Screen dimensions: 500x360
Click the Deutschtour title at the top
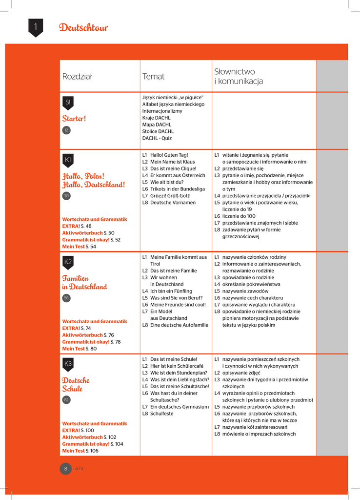[x=83, y=28]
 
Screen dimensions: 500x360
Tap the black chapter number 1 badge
[x=36, y=28]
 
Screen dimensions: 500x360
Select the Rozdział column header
[x=77, y=76]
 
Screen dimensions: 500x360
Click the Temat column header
[x=153, y=76]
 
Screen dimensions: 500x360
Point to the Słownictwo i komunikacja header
[x=239, y=76]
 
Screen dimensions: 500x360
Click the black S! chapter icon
[x=68, y=103]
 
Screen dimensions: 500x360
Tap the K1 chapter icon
[x=68, y=160]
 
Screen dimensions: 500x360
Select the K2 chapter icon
[x=68, y=263]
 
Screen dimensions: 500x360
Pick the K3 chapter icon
[x=68, y=364]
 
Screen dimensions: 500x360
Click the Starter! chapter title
[x=74, y=119]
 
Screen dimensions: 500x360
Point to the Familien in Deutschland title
[x=84, y=282]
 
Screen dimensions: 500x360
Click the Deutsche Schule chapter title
[x=76, y=384]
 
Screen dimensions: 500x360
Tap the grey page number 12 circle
[x=66, y=130]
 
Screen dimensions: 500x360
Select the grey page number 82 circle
[x=66, y=400]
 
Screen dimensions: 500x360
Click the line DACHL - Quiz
[x=157, y=138]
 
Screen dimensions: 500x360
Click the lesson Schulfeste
[x=161, y=414]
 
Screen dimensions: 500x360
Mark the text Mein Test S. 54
[x=79, y=247]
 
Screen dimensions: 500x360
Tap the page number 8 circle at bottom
[x=65, y=469]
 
